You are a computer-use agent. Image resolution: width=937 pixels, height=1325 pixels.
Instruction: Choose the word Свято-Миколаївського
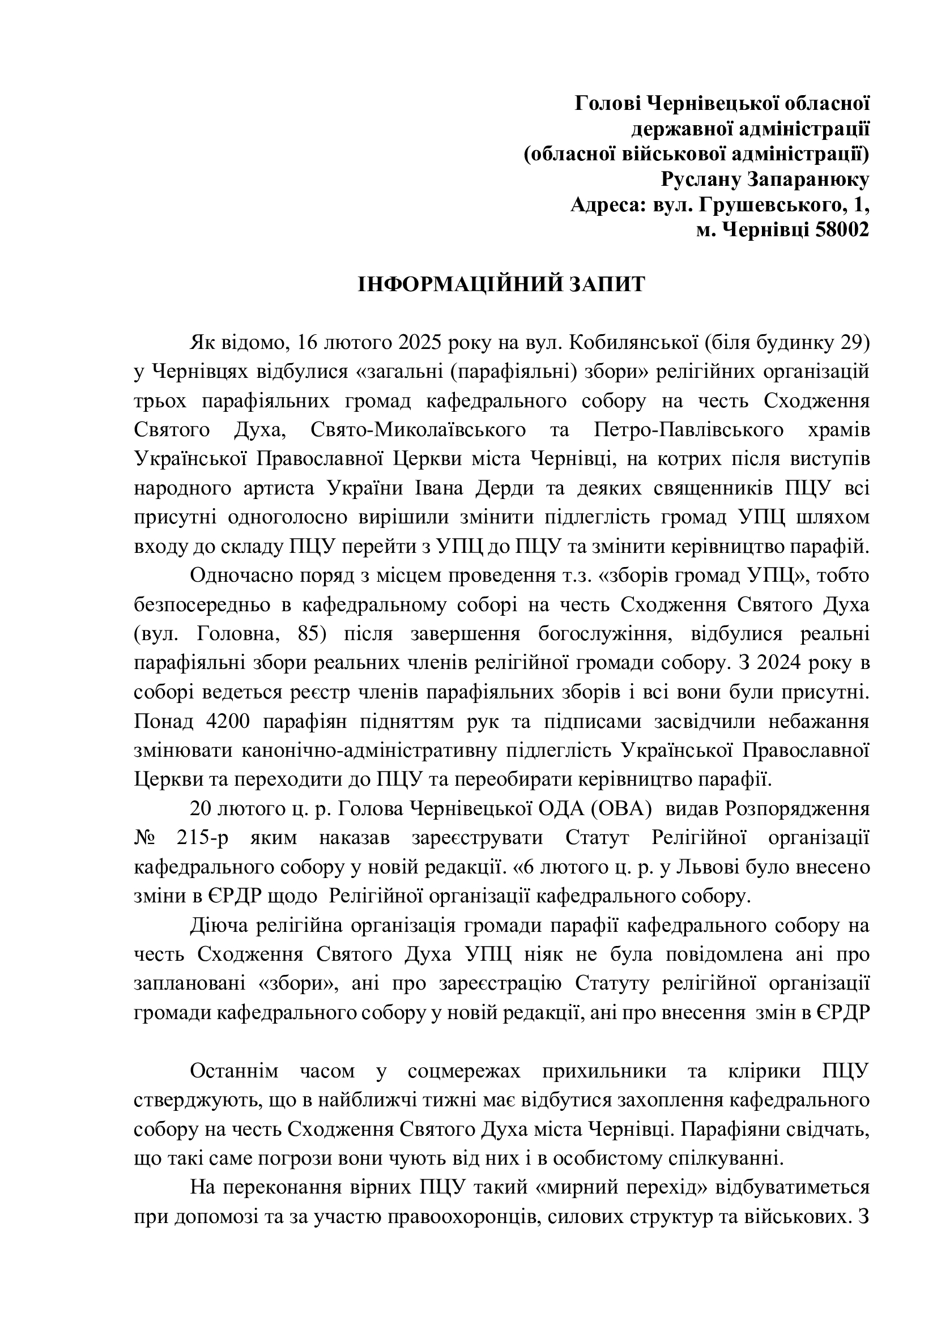pyautogui.click(x=418, y=430)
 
